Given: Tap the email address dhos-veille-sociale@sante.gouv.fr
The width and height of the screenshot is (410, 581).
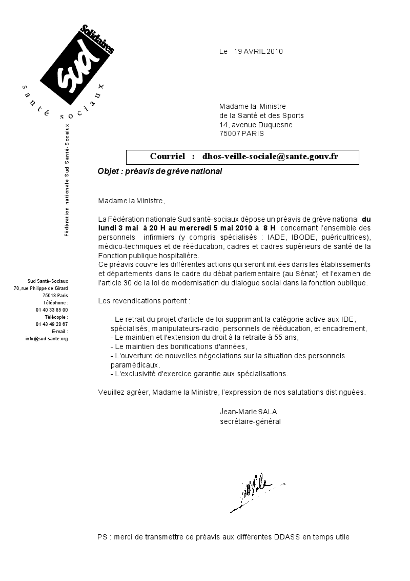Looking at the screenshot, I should [270, 156].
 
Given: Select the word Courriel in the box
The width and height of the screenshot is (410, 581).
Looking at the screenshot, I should [167, 156].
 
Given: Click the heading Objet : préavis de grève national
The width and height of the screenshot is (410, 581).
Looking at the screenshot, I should [159, 171].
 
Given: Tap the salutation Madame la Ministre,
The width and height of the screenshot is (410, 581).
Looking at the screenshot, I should [132, 200].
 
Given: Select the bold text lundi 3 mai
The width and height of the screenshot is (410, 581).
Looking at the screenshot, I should [118, 227].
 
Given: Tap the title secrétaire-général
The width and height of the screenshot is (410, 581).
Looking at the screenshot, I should [250, 421].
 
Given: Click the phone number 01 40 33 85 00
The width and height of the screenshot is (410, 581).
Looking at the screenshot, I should [52, 310].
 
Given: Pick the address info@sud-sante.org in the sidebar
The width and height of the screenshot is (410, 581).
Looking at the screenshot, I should [47, 339].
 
